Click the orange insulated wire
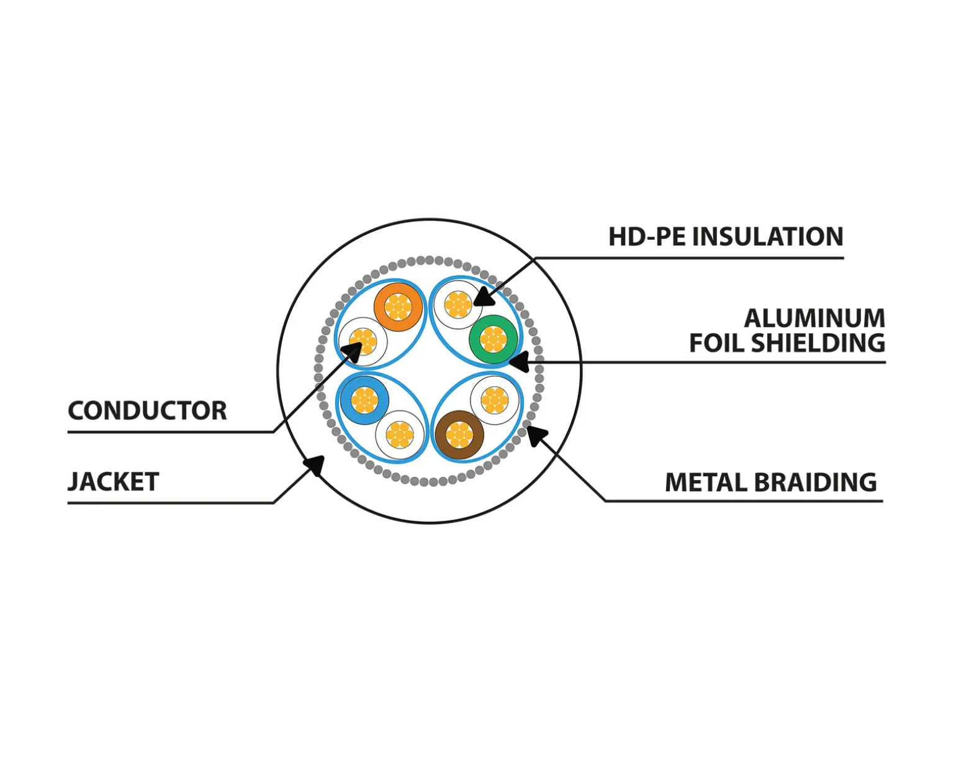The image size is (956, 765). tap(398, 307)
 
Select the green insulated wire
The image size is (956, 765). tap(494, 339)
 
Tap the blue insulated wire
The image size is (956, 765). tap(365, 400)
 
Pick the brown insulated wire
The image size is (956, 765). tap(459, 435)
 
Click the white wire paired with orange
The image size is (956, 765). tap(363, 342)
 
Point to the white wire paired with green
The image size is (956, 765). tap(458, 304)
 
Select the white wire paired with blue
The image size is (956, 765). tap(400, 435)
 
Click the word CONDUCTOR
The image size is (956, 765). tap(147, 410)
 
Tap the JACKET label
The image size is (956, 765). tap(113, 482)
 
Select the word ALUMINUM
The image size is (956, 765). tap(814, 319)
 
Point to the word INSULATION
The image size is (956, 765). tap(768, 237)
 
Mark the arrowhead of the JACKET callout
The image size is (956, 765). tap(315, 465)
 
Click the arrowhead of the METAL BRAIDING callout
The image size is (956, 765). tap(537, 436)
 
